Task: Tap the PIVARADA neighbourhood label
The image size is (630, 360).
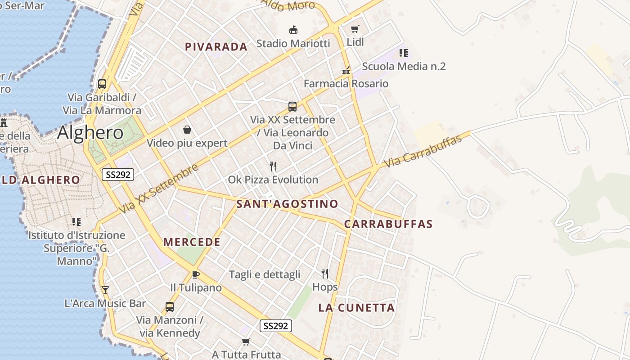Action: click(x=216, y=47)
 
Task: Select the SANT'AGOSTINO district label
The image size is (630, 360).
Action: click(x=287, y=204)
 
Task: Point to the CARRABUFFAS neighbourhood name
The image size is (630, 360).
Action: click(x=388, y=224)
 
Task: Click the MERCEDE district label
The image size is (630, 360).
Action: click(x=192, y=242)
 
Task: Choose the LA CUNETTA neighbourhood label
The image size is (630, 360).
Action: click(x=356, y=308)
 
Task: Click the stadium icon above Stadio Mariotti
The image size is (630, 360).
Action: click(x=293, y=30)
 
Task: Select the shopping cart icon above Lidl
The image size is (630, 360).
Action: click(x=355, y=29)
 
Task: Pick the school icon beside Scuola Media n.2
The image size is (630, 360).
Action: click(x=403, y=53)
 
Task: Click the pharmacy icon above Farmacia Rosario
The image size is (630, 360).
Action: click(x=346, y=71)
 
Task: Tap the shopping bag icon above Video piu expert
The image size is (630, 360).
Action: click(x=187, y=130)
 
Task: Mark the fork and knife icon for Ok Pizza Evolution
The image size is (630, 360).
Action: click(x=273, y=166)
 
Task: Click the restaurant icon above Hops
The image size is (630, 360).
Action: click(x=325, y=273)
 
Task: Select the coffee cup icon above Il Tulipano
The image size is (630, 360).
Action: click(x=195, y=274)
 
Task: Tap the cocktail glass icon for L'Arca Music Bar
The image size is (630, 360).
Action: click(x=105, y=290)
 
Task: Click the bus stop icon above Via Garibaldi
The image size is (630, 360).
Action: click(x=102, y=84)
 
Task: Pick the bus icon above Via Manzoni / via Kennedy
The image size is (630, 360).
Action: click(x=170, y=307)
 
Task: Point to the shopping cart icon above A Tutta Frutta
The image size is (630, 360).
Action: click(x=246, y=342)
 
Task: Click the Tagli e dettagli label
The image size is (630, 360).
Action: click(x=264, y=274)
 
